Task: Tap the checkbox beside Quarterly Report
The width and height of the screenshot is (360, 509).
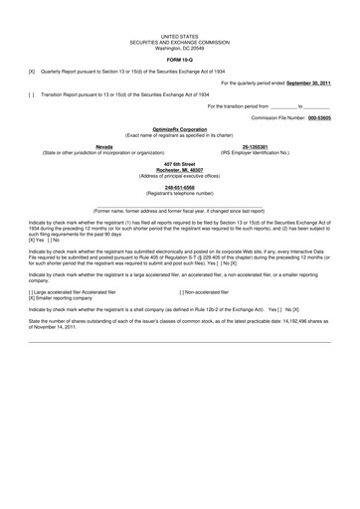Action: pyautogui.click(x=32, y=71)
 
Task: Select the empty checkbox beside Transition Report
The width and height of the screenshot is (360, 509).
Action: pyautogui.click(x=32, y=95)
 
